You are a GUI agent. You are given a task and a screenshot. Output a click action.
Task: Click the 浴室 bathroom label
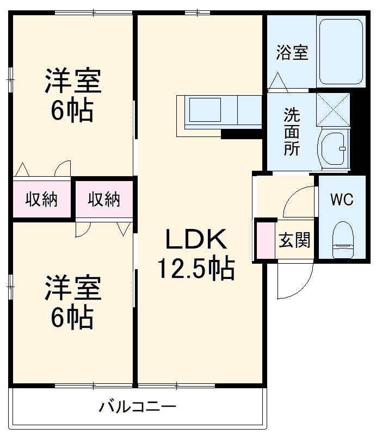click(292, 53)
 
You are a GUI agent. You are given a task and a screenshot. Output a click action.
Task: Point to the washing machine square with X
click(333, 109)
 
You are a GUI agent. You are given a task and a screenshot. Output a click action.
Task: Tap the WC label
click(342, 200)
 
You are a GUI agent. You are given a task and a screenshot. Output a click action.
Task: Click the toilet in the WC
click(343, 239)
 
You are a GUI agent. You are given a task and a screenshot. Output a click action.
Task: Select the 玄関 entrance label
click(295, 240)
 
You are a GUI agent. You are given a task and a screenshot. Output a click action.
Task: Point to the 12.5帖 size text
click(195, 268)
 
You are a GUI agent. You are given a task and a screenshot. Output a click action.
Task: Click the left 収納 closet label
click(41, 200)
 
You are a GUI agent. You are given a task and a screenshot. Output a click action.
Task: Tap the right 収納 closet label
click(104, 200)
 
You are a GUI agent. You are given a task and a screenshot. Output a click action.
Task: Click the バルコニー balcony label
click(138, 407)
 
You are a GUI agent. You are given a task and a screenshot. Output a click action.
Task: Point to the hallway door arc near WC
click(298, 201)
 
